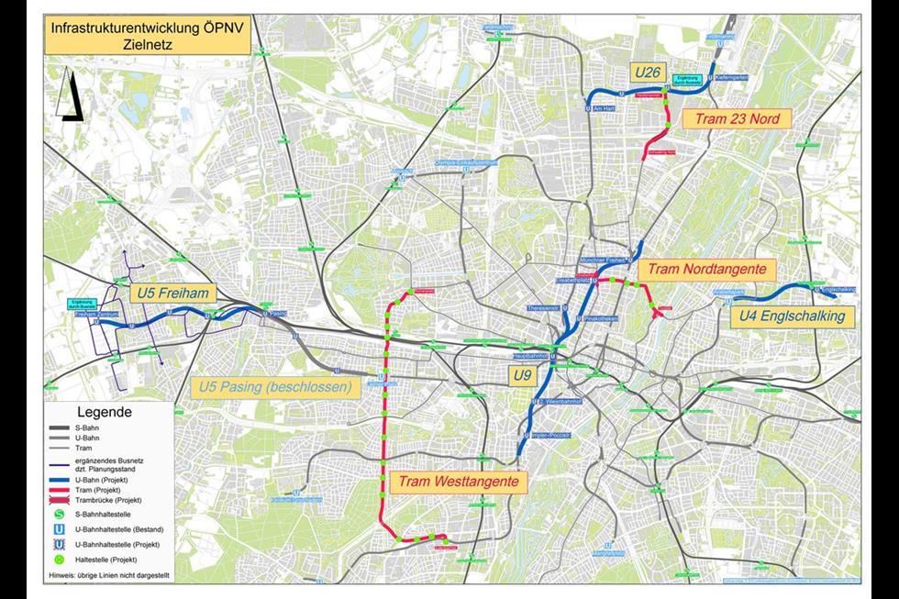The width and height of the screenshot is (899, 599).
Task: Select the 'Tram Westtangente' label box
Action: pos(459,482)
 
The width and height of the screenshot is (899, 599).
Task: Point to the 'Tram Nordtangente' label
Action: pos(706,270)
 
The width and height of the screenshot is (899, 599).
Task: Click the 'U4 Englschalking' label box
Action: pos(793,316)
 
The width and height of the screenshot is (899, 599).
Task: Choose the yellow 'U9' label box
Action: pos(522,374)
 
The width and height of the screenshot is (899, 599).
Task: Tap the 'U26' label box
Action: pos(648,71)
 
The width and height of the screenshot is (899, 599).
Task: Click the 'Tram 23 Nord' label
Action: pos(736,119)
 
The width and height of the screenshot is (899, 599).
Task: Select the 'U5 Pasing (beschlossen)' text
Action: pos(275,387)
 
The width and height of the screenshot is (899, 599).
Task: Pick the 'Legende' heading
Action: pos(104,412)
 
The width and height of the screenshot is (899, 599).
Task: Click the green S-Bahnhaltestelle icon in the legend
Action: pos(60,515)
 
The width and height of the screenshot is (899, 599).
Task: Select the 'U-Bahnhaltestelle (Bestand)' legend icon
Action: pos(60,529)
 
